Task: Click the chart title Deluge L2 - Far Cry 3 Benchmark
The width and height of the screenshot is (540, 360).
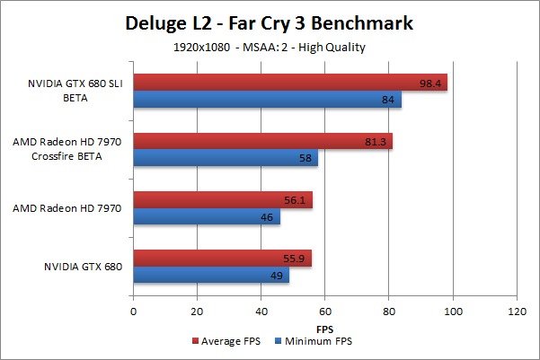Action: click(x=270, y=22)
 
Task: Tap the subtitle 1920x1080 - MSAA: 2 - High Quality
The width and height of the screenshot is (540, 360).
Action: click(x=270, y=45)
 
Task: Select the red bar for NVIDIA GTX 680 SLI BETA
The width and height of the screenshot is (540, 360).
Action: click(x=290, y=83)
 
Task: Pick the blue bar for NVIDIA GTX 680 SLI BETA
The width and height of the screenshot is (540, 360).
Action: click(x=267, y=100)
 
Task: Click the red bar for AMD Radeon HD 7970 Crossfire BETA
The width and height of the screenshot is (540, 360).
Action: click(x=262, y=141)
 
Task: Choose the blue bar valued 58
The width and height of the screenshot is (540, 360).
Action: click(x=226, y=158)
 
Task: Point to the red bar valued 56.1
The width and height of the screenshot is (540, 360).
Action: click(x=222, y=200)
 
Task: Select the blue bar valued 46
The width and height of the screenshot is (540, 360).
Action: click(x=207, y=217)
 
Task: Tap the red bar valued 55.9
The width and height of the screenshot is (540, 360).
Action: click(x=222, y=259)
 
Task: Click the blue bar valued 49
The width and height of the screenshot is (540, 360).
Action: click(x=211, y=276)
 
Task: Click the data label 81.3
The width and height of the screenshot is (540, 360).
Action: click(x=376, y=141)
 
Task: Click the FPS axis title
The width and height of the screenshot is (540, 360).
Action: click(x=324, y=329)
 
